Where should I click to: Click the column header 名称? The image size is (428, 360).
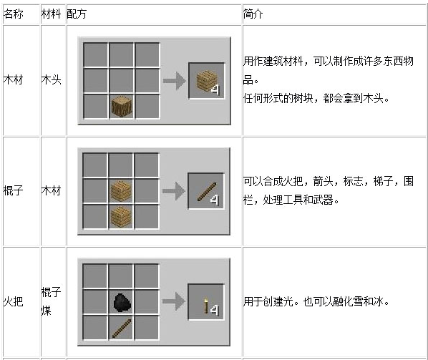[13, 14]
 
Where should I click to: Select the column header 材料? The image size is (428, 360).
[51, 14]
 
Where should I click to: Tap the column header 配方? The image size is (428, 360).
[77, 14]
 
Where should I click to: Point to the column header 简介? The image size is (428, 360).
[253, 14]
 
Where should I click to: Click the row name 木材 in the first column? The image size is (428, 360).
[13, 80]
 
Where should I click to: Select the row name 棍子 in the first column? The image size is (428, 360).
[13, 190]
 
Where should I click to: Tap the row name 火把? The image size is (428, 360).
[13, 301]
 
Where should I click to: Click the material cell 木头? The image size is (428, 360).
[51, 80]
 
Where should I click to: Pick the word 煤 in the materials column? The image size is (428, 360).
[46, 311]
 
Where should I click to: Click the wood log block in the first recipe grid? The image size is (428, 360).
[122, 106]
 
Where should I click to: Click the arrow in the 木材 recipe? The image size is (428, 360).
[175, 81]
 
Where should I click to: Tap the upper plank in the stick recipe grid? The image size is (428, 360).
[121, 190]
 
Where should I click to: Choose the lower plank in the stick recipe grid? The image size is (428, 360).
[121, 217]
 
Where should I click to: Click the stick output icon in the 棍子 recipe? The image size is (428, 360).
[207, 192]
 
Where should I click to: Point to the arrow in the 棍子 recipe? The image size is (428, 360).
[174, 191]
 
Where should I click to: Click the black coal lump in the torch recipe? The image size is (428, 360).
[122, 303]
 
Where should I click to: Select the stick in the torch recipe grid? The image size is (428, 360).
[122, 329]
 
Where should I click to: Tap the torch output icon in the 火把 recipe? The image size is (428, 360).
[206, 306]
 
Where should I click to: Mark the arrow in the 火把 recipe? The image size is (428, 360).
[174, 301]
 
